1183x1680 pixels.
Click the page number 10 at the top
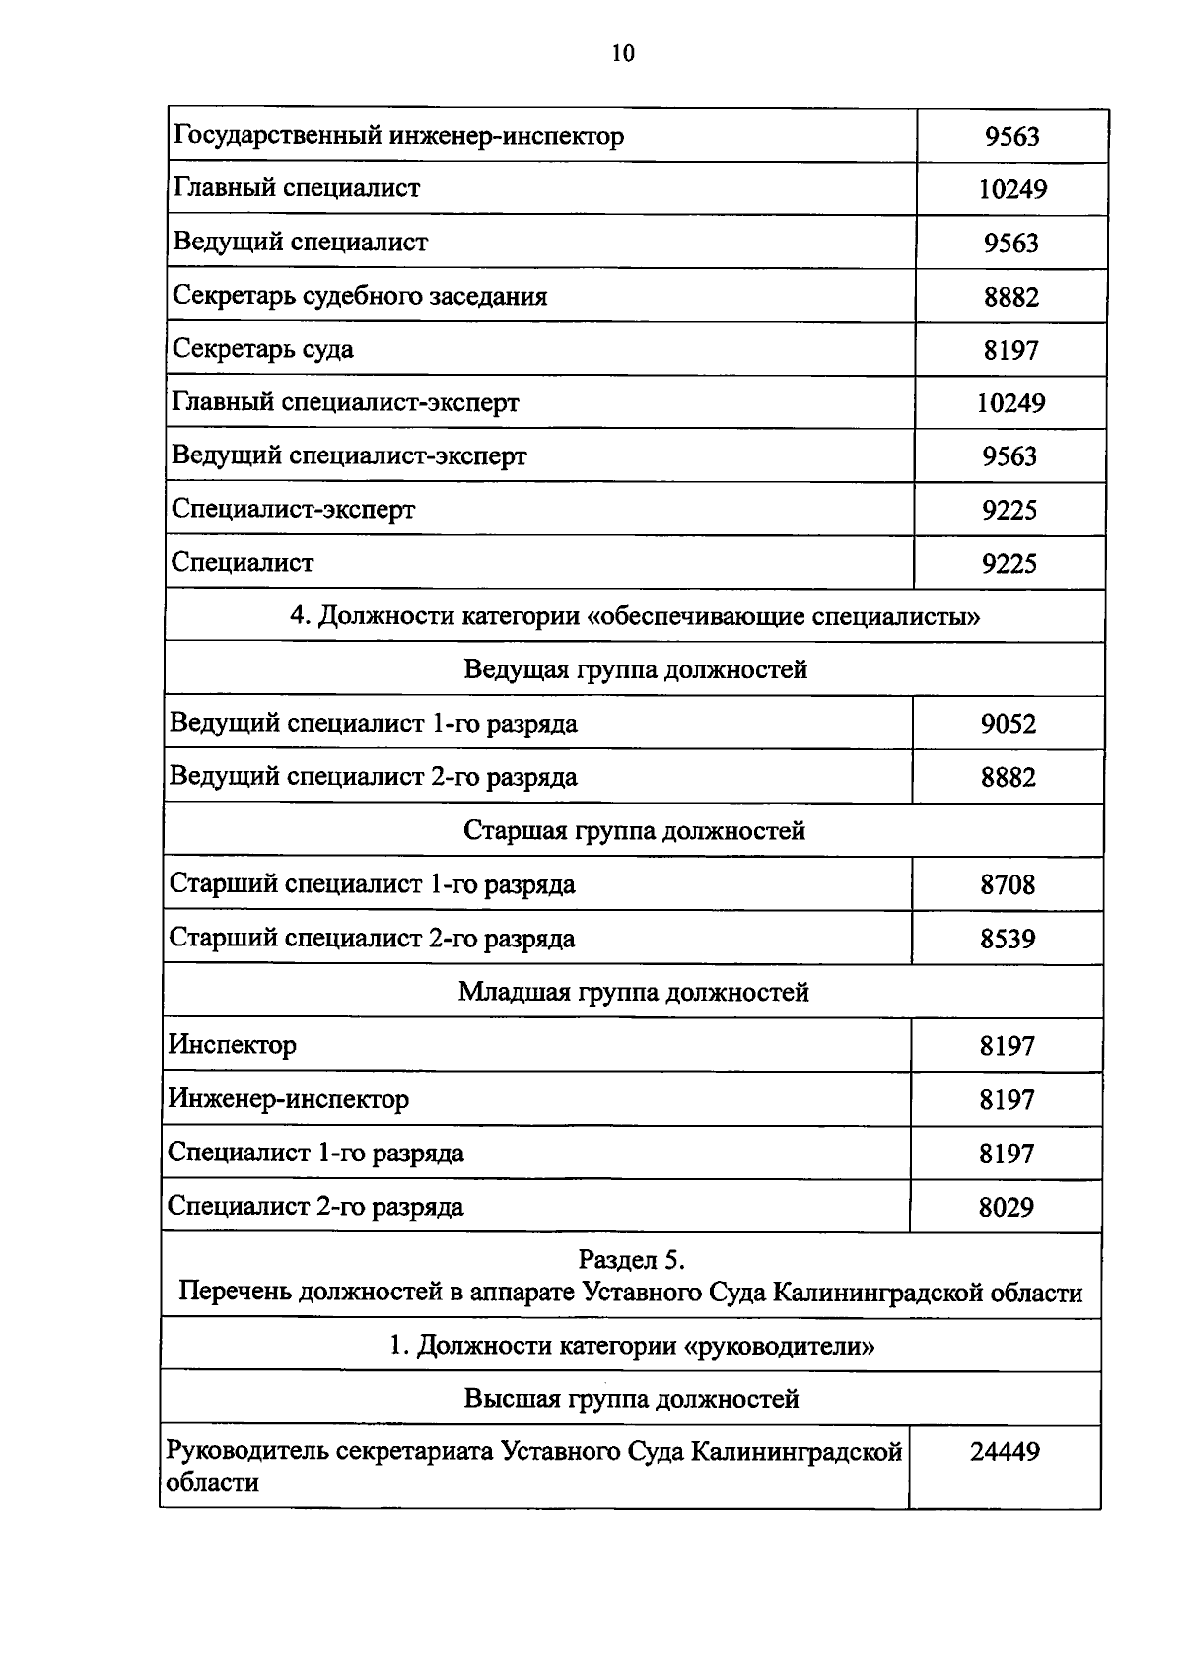[x=623, y=53]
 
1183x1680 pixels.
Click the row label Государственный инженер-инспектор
[x=398, y=135]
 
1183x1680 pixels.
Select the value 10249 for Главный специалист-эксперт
[x=1011, y=403]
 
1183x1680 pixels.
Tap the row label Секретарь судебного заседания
[x=360, y=296]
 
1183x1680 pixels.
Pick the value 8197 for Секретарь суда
[x=1010, y=350]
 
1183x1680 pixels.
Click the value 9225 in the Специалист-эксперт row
[x=1009, y=510]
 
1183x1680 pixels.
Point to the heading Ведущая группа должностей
[x=635, y=670]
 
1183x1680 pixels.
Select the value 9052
[x=1009, y=725]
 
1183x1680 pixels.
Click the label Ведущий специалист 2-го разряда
[x=373, y=777]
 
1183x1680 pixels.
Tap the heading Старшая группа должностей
[x=634, y=831]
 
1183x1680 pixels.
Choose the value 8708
[x=1008, y=884]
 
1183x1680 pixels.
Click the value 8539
[x=1008, y=939]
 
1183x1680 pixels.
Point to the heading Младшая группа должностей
[x=633, y=992]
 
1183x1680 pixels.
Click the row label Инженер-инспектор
[x=288, y=1098]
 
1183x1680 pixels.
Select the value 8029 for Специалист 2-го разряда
[x=1006, y=1207]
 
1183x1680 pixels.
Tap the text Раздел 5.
[x=631, y=1260]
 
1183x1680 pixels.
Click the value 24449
[x=1005, y=1452]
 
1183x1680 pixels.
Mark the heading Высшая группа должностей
[x=631, y=1399]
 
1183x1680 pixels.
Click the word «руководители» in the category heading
[x=779, y=1346]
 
